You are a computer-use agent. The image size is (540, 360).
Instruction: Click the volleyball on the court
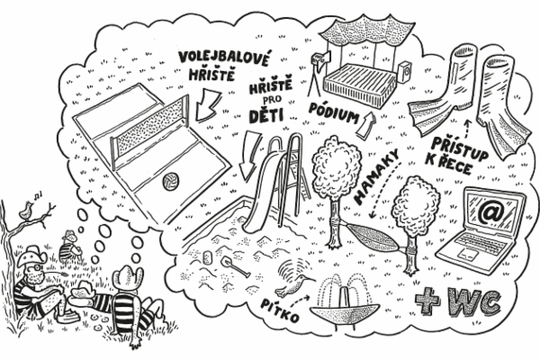point(168,183)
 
